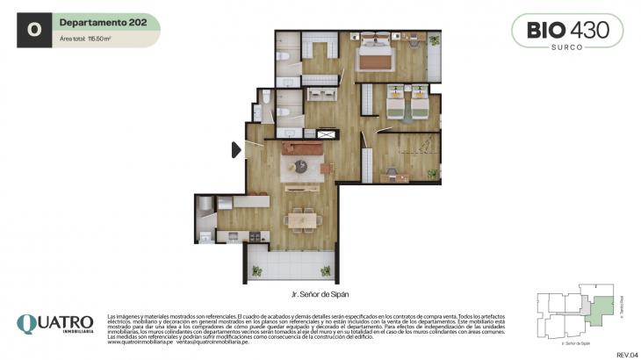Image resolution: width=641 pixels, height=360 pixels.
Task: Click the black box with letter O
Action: tap(34, 29)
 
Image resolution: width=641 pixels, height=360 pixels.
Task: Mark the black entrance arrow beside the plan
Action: tap(236, 150)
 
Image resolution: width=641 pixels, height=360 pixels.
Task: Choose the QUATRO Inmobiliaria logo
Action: tap(54, 326)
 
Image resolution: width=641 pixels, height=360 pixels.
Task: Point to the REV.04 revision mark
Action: tap(624, 353)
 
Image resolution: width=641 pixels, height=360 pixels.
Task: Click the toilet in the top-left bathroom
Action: tap(284, 55)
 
